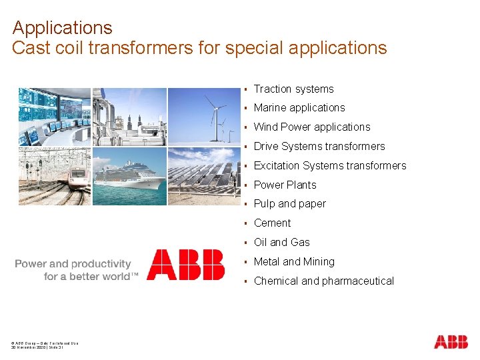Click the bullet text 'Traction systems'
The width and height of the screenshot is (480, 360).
pyautogui.click(x=293, y=89)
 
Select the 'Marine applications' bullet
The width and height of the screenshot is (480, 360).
pyautogui.click(x=299, y=107)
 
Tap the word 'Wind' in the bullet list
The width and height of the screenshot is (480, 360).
pyautogui.click(x=266, y=127)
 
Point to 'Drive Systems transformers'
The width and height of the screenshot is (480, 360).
pyautogui.click(x=319, y=146)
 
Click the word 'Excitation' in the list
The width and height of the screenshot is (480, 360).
pyautogui.click(x=277, y=165)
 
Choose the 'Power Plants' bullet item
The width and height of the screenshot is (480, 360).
pyautogui.click(x=285, y=185)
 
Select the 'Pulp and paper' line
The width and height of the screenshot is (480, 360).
pyautogui.click(x=289, y=203)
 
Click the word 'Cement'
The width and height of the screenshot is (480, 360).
pyautogui.click(x=272, y=223)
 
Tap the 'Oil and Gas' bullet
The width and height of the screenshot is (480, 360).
pyautogui.click(x=281, y=242)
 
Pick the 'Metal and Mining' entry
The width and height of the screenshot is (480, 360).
pyautogui.click(x=294, y=261)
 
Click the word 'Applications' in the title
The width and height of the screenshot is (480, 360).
pyautogui.click(x=62, y=28)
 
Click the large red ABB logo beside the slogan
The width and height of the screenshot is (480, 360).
pyautogui.click(x=185, y=264)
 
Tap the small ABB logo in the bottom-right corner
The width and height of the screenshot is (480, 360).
pyautogui.click(x=451, y=342)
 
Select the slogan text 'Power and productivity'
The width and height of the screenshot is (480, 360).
pyautogui.click(x=73, y=264)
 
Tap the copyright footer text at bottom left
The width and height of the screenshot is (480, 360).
pyautogui.click(x=45, y=345)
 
